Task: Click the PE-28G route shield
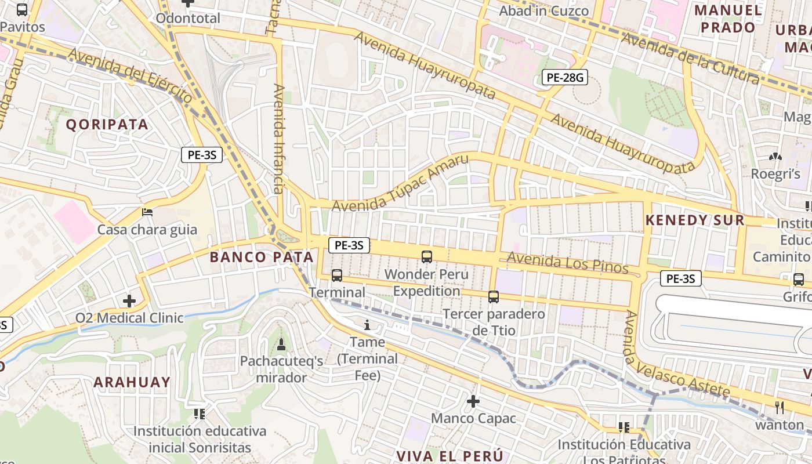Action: click(x=564, y=77)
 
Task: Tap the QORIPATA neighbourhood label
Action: click(x=107, y=124)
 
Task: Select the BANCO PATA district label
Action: click(x=261, y=257)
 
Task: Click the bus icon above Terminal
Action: click(x=337, y=275)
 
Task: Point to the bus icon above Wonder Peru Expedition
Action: click(x=427, y=256)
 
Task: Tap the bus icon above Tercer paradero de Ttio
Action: click(x=494, y=297)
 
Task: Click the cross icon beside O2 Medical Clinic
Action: click(x=129, y=300)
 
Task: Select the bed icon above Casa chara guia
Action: click(x=147, y=212)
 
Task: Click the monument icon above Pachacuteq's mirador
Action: click(x=281, y=345)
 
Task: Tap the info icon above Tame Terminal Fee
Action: click(x=367, y=325)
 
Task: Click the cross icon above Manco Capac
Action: click(x=473, y=401)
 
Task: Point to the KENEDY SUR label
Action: click(x=694, y=220)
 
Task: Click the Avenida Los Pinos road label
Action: click(x=567, y=263)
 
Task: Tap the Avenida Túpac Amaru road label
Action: click(x=400, y=184)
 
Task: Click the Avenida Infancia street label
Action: click(x=279, y=139)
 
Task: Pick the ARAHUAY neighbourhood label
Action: click(x=132, y=382)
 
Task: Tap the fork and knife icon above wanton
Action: click(x=780, y=408)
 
